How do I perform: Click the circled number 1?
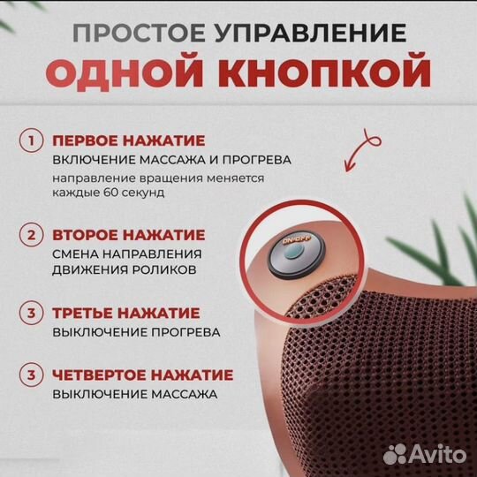[33, 140]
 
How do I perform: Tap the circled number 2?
[33, 235]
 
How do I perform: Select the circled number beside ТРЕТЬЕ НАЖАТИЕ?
[33, 313]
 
